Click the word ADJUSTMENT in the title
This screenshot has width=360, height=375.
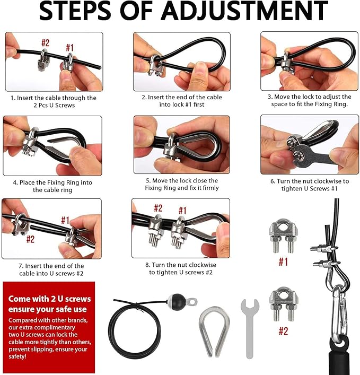[244, 11]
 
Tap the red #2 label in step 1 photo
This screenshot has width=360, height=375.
[45, 43]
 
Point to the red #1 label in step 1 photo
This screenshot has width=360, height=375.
[69, 48]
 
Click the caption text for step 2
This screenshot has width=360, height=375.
[182, 101]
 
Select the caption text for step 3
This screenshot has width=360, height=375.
[309, 100]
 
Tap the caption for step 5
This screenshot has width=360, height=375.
[182, 184]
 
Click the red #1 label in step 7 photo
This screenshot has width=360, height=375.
[65, 220]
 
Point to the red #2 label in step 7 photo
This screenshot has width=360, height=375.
[30, 239]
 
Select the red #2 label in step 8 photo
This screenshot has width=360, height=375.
[158, 208]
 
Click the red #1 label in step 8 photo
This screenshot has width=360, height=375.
[182, 211]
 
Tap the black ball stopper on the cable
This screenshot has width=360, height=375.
[178, 301]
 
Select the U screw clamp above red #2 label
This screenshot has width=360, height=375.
[284, 304]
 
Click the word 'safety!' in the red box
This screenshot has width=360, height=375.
[17, 356]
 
